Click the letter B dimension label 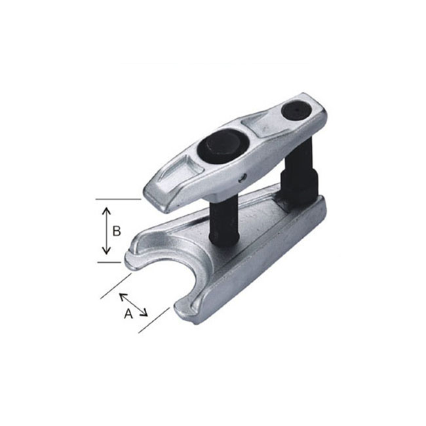(x=117, y=231)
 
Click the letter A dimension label (x=128, y=314)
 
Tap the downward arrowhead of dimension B (x=106, y=250)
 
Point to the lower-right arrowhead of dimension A (x=144, y=313)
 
